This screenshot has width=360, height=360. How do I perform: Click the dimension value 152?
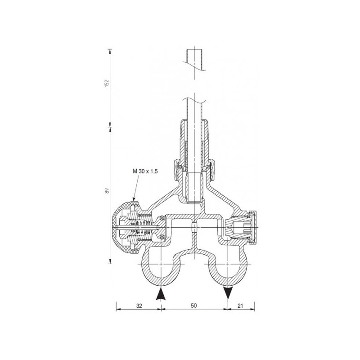point(106,83)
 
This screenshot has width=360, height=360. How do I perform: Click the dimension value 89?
point(107,191)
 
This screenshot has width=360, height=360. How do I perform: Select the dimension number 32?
point(139,306)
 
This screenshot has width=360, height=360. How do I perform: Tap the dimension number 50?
point(194,306)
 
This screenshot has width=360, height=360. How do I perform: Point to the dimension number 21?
point(240,306)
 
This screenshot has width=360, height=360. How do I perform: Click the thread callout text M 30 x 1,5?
point(145,171)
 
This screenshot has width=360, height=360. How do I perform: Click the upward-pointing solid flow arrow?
point(161,294)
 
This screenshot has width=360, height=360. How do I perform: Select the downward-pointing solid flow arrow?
point(227,294)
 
